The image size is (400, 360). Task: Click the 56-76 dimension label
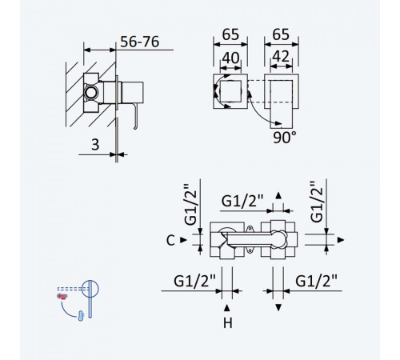point(140,42)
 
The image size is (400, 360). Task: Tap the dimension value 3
point(95,145)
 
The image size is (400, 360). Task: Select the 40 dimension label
point(230,58)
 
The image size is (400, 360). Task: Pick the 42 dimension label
point(281,57)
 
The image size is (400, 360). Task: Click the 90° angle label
point(285,138)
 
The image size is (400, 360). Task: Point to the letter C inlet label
point(170,240)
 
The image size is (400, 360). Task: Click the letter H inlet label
point(228,323)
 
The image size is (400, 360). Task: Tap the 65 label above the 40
point(230,34)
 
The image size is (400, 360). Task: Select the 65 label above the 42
point(281,34)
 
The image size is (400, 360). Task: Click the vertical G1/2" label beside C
point(191,205)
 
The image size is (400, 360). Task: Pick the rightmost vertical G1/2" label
point(317,202)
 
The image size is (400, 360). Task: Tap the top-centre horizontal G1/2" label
point(242,201)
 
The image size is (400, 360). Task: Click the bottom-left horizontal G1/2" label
point(194,281)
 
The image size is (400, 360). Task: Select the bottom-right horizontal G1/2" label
point(316,281)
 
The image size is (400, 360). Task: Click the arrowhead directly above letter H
point(227,308)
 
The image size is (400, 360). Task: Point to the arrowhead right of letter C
point(184,240)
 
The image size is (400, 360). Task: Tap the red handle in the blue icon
point(62,296)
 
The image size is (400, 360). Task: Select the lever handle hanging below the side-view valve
point(136,117)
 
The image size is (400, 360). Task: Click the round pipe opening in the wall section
point(91,93)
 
